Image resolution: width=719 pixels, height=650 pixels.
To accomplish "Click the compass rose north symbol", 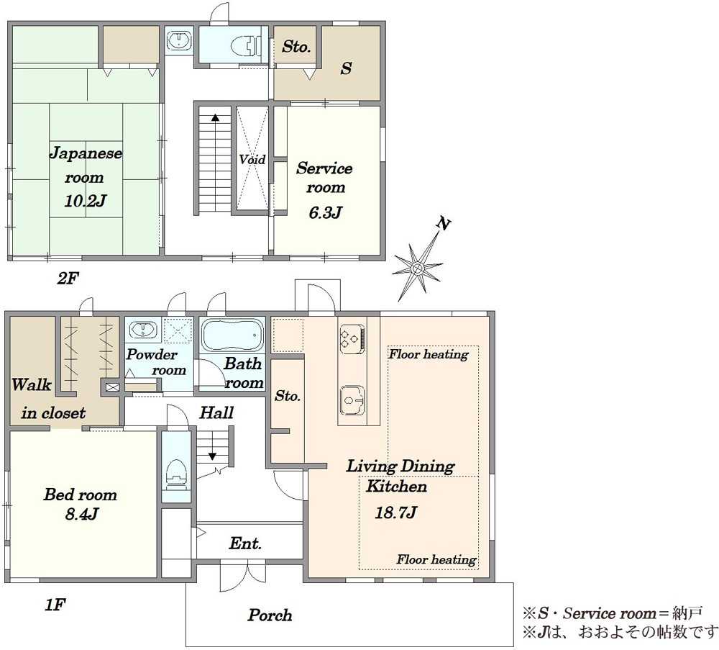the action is [x=417, y=267].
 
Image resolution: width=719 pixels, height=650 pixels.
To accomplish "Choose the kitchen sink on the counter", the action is [x=352, y=400].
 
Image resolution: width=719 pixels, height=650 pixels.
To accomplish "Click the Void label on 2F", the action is [x=252, y=159].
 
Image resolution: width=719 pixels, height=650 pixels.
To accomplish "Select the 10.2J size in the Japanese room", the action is [x=86, y=201].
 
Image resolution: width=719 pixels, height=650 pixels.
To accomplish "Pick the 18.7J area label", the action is [x=395, y=512].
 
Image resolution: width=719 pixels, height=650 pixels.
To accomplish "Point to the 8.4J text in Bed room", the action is [x=82, y=513].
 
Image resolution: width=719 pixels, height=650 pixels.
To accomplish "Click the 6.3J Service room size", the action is [x=325, y=212].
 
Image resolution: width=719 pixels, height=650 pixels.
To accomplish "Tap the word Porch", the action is [x=270, y=615].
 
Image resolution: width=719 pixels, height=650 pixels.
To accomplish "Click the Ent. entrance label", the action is [x=245, y=543].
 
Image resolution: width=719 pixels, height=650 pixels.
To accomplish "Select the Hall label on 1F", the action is [x=216, y=412].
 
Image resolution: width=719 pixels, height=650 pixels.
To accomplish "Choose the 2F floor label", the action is [x=68, y=278].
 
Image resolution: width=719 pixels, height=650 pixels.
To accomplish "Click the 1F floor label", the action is [x=55, y=605].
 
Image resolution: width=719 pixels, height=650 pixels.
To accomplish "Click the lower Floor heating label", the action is [x=436, y=559].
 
